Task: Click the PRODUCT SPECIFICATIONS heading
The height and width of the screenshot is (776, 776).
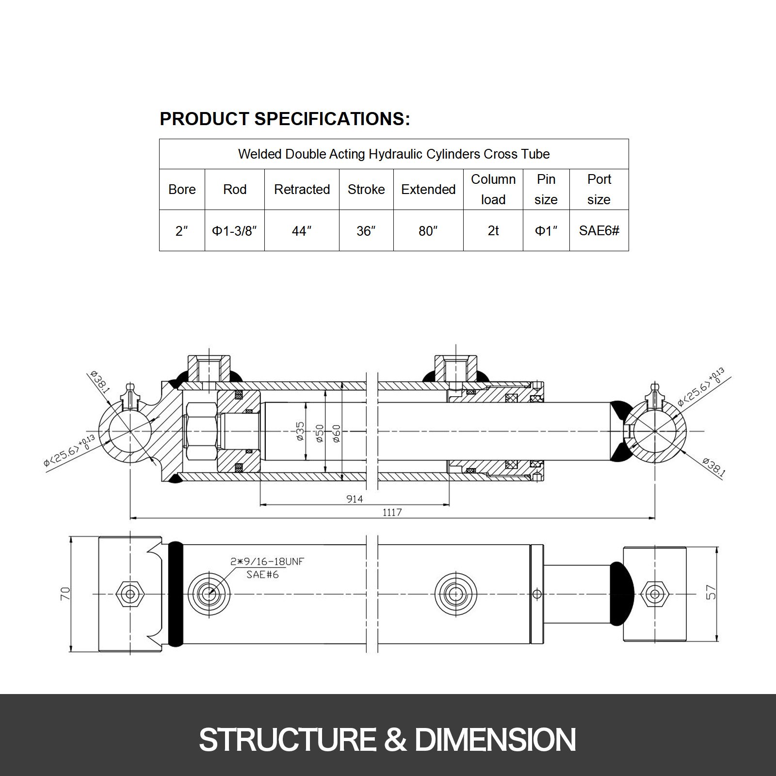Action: coord(285,119)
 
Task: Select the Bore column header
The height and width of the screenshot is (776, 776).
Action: coord(182,190)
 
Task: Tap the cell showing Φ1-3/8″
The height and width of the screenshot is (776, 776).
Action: coord(234,231)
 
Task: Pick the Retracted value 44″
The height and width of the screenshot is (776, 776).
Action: coord(302,231)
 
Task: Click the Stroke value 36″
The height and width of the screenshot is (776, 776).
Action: coord(366,231)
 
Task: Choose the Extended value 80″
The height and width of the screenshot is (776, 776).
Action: coord(428,231)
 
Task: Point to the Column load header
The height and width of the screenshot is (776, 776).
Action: coord(493,190)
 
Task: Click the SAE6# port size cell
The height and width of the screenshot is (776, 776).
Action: coord(599,231)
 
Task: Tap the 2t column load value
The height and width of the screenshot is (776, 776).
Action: coord(493,231)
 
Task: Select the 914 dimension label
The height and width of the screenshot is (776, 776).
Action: coord(355,499)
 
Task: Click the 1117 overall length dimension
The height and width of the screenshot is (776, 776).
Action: coord(392,512)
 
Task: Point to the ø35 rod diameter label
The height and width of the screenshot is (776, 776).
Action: coord(300,431)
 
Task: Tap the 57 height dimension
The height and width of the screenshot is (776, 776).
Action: coord(711,593)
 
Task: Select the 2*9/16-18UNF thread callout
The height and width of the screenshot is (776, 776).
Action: coord(267,562)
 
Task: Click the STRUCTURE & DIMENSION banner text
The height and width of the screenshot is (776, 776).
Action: coord(387,740)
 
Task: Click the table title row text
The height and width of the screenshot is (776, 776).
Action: coord(394,154)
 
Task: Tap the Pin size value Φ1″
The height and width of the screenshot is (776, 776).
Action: coord(546,231)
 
